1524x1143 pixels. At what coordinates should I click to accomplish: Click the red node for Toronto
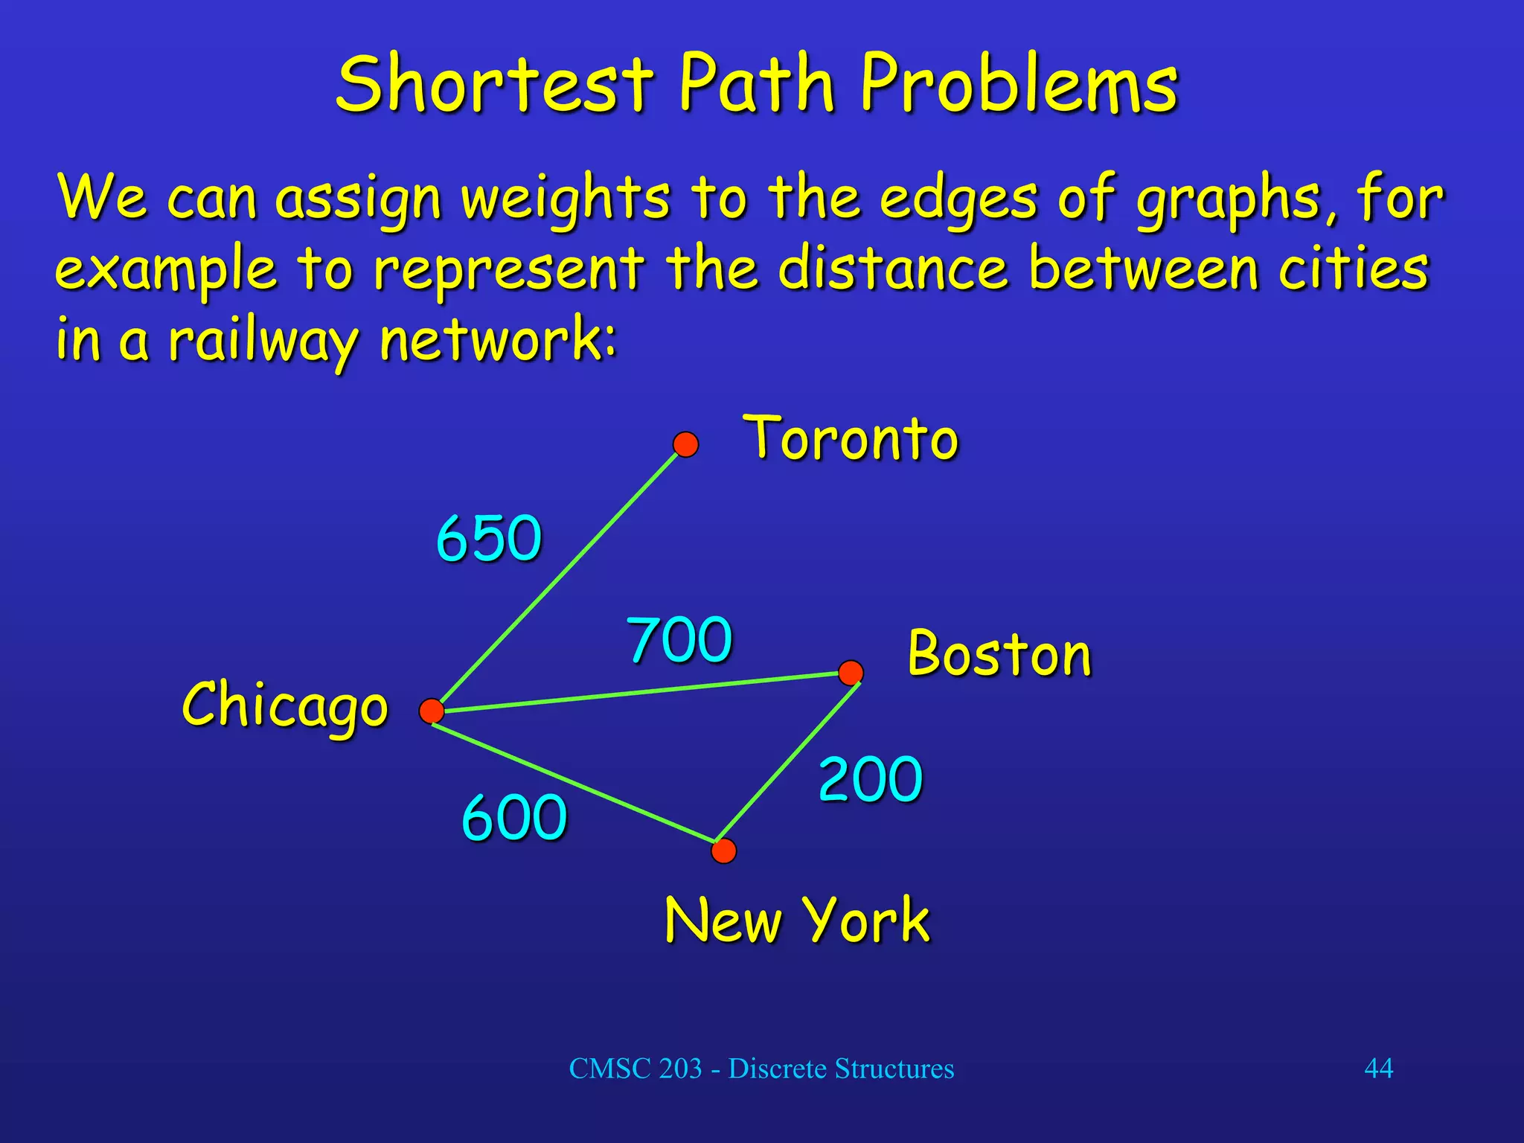[x=685, y=444]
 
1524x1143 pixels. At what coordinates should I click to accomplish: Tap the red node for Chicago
[x=432, y=711]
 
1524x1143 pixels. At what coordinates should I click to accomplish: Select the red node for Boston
[x=851, y=673]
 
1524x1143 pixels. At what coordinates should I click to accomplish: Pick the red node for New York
[x=723, y=851]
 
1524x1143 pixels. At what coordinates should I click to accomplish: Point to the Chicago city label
[x=285, y=705]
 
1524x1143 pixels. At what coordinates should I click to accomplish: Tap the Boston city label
[x=999, y=653]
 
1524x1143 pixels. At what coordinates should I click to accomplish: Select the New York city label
[x=797, y=920]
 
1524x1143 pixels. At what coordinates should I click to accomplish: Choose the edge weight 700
[x=679, y=639]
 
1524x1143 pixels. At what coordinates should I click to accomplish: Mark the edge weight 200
[x=871, y=779]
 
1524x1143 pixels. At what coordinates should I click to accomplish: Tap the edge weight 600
[x=514, y=817]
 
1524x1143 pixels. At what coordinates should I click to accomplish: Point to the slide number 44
[x=1378, y=1068]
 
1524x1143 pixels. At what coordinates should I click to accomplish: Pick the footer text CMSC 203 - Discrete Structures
[x=761, y=1069]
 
